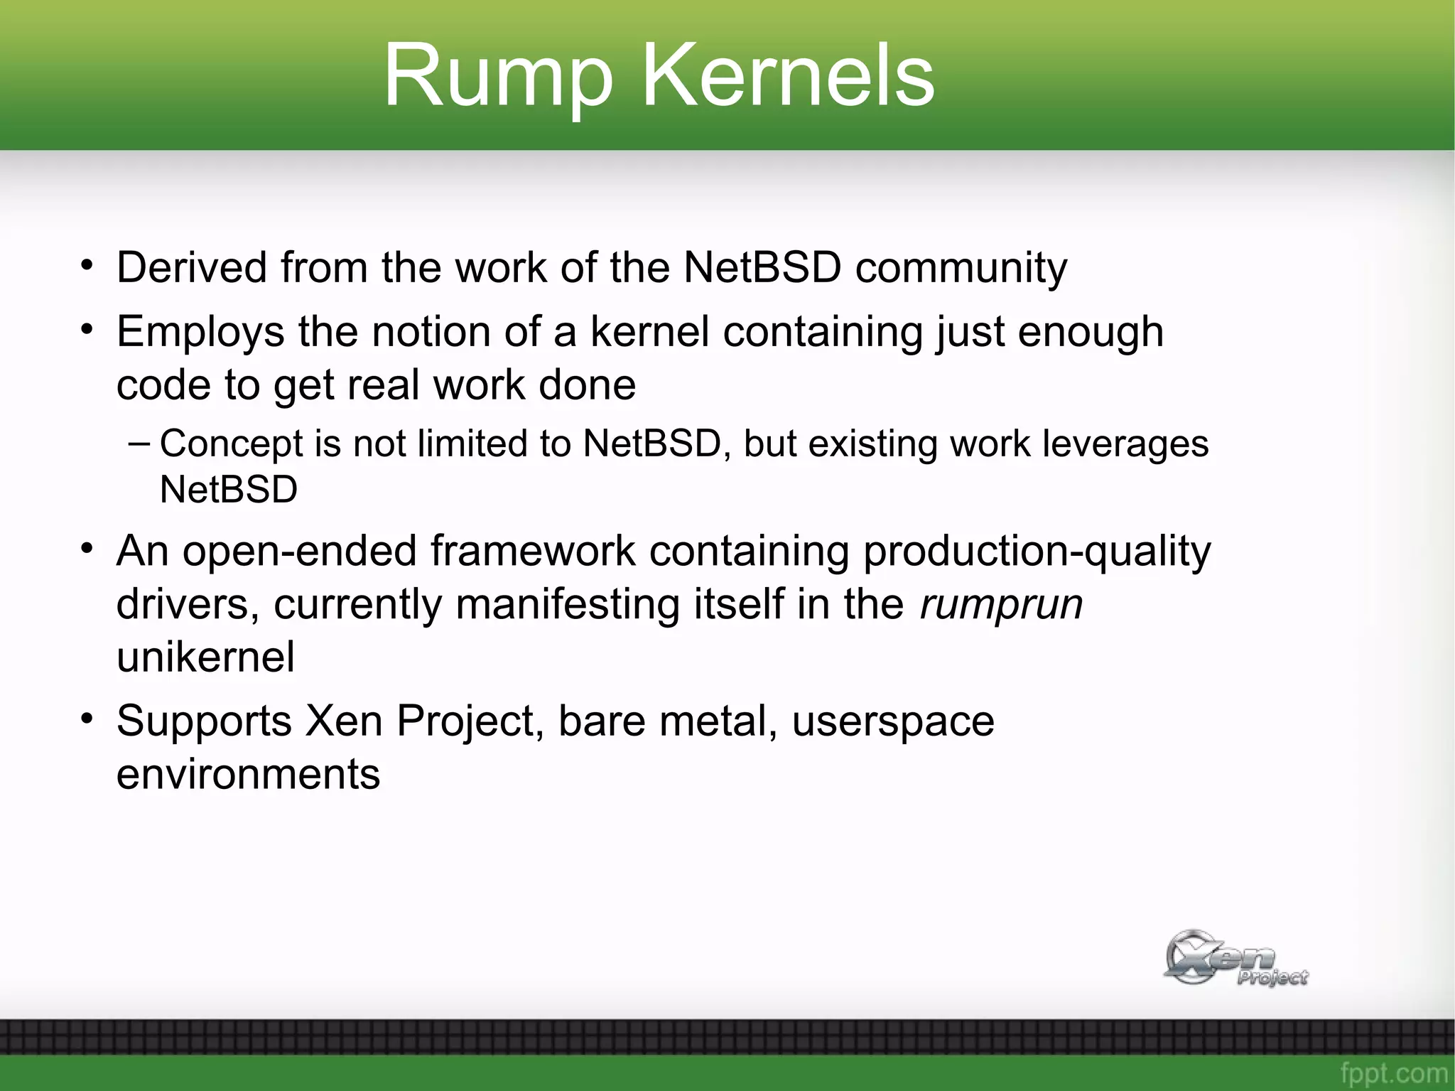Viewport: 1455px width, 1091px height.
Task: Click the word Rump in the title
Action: [x=498, y=77]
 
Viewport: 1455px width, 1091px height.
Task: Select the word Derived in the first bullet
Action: [x=192, y=268]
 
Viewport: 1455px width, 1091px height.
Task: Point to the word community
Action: [x=961, y=269]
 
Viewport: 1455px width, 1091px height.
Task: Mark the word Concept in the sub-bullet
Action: [x=231, y=445]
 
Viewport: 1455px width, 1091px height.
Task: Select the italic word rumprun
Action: [x=1001, y=604]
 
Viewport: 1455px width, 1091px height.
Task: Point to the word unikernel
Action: [x=205, y=657]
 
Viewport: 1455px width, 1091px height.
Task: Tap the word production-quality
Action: [x=1037, y=552]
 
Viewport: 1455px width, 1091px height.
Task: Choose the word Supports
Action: [x=204, y=722]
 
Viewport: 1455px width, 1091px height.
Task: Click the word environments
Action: [x=248, y=774]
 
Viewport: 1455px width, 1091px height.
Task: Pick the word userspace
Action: [x=893, y=722]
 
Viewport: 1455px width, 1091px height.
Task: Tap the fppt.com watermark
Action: [x=1393, y=1073]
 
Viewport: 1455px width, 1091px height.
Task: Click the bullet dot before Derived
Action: [x=87, y=265]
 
